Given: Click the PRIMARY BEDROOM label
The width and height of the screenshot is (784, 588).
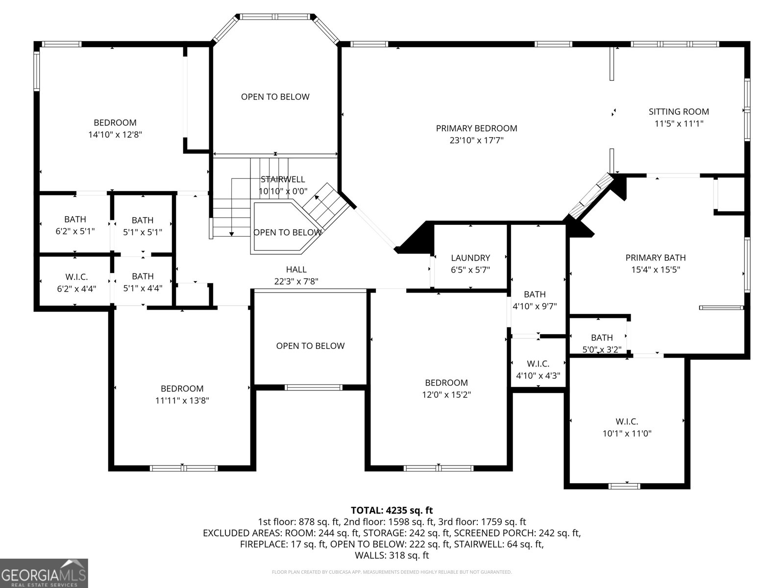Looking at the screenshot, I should tap(476, 128).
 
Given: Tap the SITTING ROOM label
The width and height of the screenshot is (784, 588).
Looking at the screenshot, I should tap(679, 112).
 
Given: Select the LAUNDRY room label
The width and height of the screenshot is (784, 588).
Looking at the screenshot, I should tap(470, 258).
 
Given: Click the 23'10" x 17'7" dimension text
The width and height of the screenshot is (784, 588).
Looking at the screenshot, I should tap(476, 141).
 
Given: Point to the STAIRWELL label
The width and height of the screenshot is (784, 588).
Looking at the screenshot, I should tap(283, 179).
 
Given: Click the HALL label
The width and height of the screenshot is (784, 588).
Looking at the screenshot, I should tap(296, 269).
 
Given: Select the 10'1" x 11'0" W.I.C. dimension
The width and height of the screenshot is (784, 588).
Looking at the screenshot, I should tap(627, 434).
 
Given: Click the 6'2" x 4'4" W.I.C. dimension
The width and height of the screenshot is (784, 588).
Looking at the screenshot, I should tap(76, 289).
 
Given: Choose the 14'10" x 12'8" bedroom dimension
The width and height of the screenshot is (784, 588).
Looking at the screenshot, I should tap(115, 135).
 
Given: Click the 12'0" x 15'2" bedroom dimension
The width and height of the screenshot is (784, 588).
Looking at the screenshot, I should tap(446, 395).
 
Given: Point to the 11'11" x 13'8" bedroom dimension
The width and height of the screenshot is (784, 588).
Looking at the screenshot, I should tap(182, 401).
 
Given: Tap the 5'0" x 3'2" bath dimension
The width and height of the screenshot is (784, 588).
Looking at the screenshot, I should tap(602, 349).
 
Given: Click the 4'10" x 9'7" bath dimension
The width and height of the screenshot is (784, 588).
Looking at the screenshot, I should tap(535, 307).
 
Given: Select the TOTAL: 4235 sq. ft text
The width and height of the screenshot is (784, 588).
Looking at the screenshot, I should tap(392, 511).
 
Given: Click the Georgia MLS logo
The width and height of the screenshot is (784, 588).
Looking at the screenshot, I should tap(44, 573).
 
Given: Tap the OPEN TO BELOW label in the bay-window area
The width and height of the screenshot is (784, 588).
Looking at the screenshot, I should tap(275, 97).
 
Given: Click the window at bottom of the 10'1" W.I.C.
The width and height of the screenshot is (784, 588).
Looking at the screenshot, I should tap(624, 486).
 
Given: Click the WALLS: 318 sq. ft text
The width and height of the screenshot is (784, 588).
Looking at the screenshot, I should tap(392, 556).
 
